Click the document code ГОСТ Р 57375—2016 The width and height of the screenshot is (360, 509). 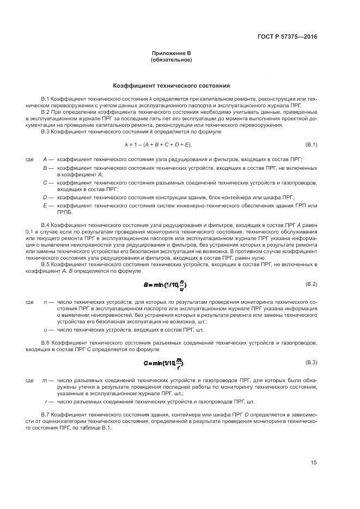(x=287, y=37)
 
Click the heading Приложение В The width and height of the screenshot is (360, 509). (x=171, y=53)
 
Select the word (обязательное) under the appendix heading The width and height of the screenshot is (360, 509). (x=171, y=59)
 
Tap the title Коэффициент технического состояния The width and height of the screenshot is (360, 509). (x=171, y=85)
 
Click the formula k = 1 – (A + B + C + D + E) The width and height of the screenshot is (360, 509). (x=158, y=144)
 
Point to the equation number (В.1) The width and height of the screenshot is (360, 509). (x=311, y=144)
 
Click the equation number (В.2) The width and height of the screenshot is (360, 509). (x=311, y=284)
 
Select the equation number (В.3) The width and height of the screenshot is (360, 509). (x=311, y=362)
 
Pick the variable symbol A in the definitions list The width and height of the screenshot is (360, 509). (x=45, y=160)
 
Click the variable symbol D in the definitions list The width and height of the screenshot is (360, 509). (x=45, y=197)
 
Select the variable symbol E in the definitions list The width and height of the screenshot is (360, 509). (x=45, y=205)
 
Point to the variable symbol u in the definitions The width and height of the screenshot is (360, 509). (x=45, y=329)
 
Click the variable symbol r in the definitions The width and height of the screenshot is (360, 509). (x=45, y=401)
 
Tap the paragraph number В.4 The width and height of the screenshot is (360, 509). (x=46, y=225)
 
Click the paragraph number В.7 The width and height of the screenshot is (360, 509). (x=46, y=414)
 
